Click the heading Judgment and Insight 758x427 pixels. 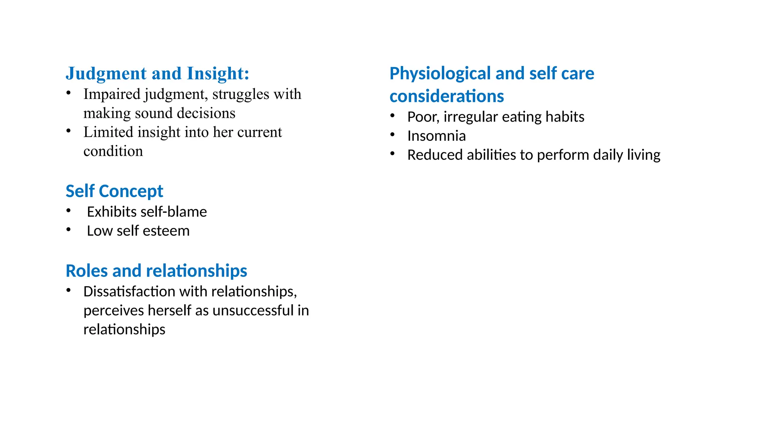click(x=157, y=73)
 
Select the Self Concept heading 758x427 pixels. click(x=114, y=191)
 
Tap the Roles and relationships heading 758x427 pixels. click(x=156, y=271)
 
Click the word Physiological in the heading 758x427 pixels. click(x=440, y=74)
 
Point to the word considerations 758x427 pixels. click(x=447, y=96)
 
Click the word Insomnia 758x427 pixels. click(x=436, y=136)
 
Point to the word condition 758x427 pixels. click(x=113, y=151)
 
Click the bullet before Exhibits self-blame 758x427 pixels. click(x=68, y=211)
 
